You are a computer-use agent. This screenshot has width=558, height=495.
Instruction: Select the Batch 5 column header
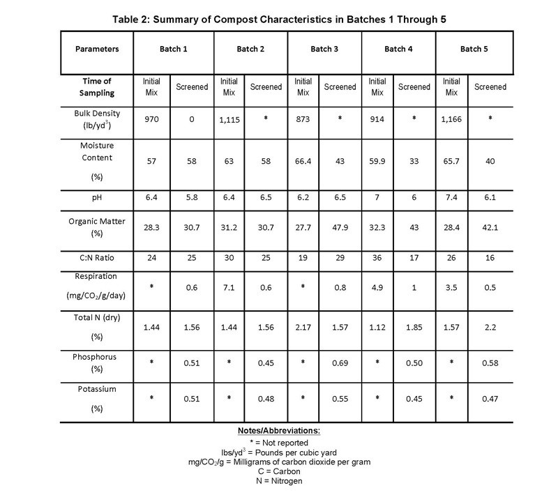(x=472, y=49)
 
